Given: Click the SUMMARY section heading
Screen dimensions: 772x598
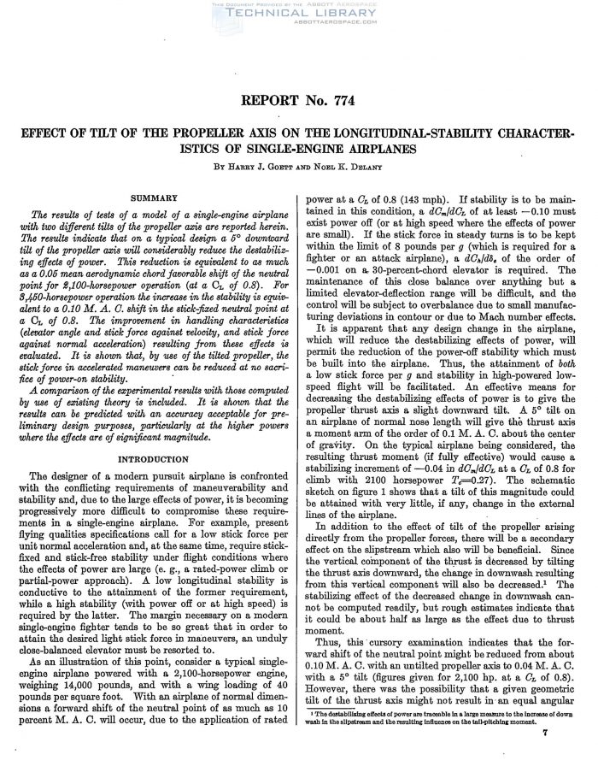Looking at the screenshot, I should pyautogui.click(x=154, y=197).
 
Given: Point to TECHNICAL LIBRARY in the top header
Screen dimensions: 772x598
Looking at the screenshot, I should pyautogui.click(x=298, y=16).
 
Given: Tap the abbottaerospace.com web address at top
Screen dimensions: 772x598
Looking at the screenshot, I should pyautogui.click(x=298, y=27).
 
